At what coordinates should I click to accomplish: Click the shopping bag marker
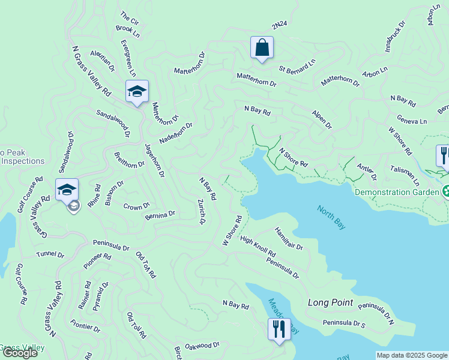pyautogui.click(x=262, y=47)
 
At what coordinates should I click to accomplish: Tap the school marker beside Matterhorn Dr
pyautogui.click(x=137, y=92)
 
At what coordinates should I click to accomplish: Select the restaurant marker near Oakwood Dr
pyautogui.click(x=279, y=329)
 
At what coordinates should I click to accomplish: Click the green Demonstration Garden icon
pyautogui.click(x=447, y=192)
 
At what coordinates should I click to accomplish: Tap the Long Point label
pyautogui.click(x=330, y=303)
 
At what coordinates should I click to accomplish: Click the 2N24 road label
pyautogui.click(x=279, y=25)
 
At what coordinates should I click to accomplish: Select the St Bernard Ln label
pyautogui.click(x=297, y=67)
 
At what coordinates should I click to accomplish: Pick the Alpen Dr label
pyautogui.click(x=321, y=119)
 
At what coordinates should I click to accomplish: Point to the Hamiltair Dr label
pyautogui.click(x=289, y=238)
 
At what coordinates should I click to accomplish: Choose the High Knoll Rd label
pyautogui.click(x=257, y=245)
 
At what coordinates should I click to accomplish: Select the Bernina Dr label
pyautogui.click(x=160, y=214)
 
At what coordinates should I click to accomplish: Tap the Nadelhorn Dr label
pyautogui.click(x=175, y=133)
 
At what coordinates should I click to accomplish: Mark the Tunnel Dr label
pyautogui.click(x=50, y=254)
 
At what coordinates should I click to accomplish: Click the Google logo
pyautogui.click(x=19, y=353)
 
